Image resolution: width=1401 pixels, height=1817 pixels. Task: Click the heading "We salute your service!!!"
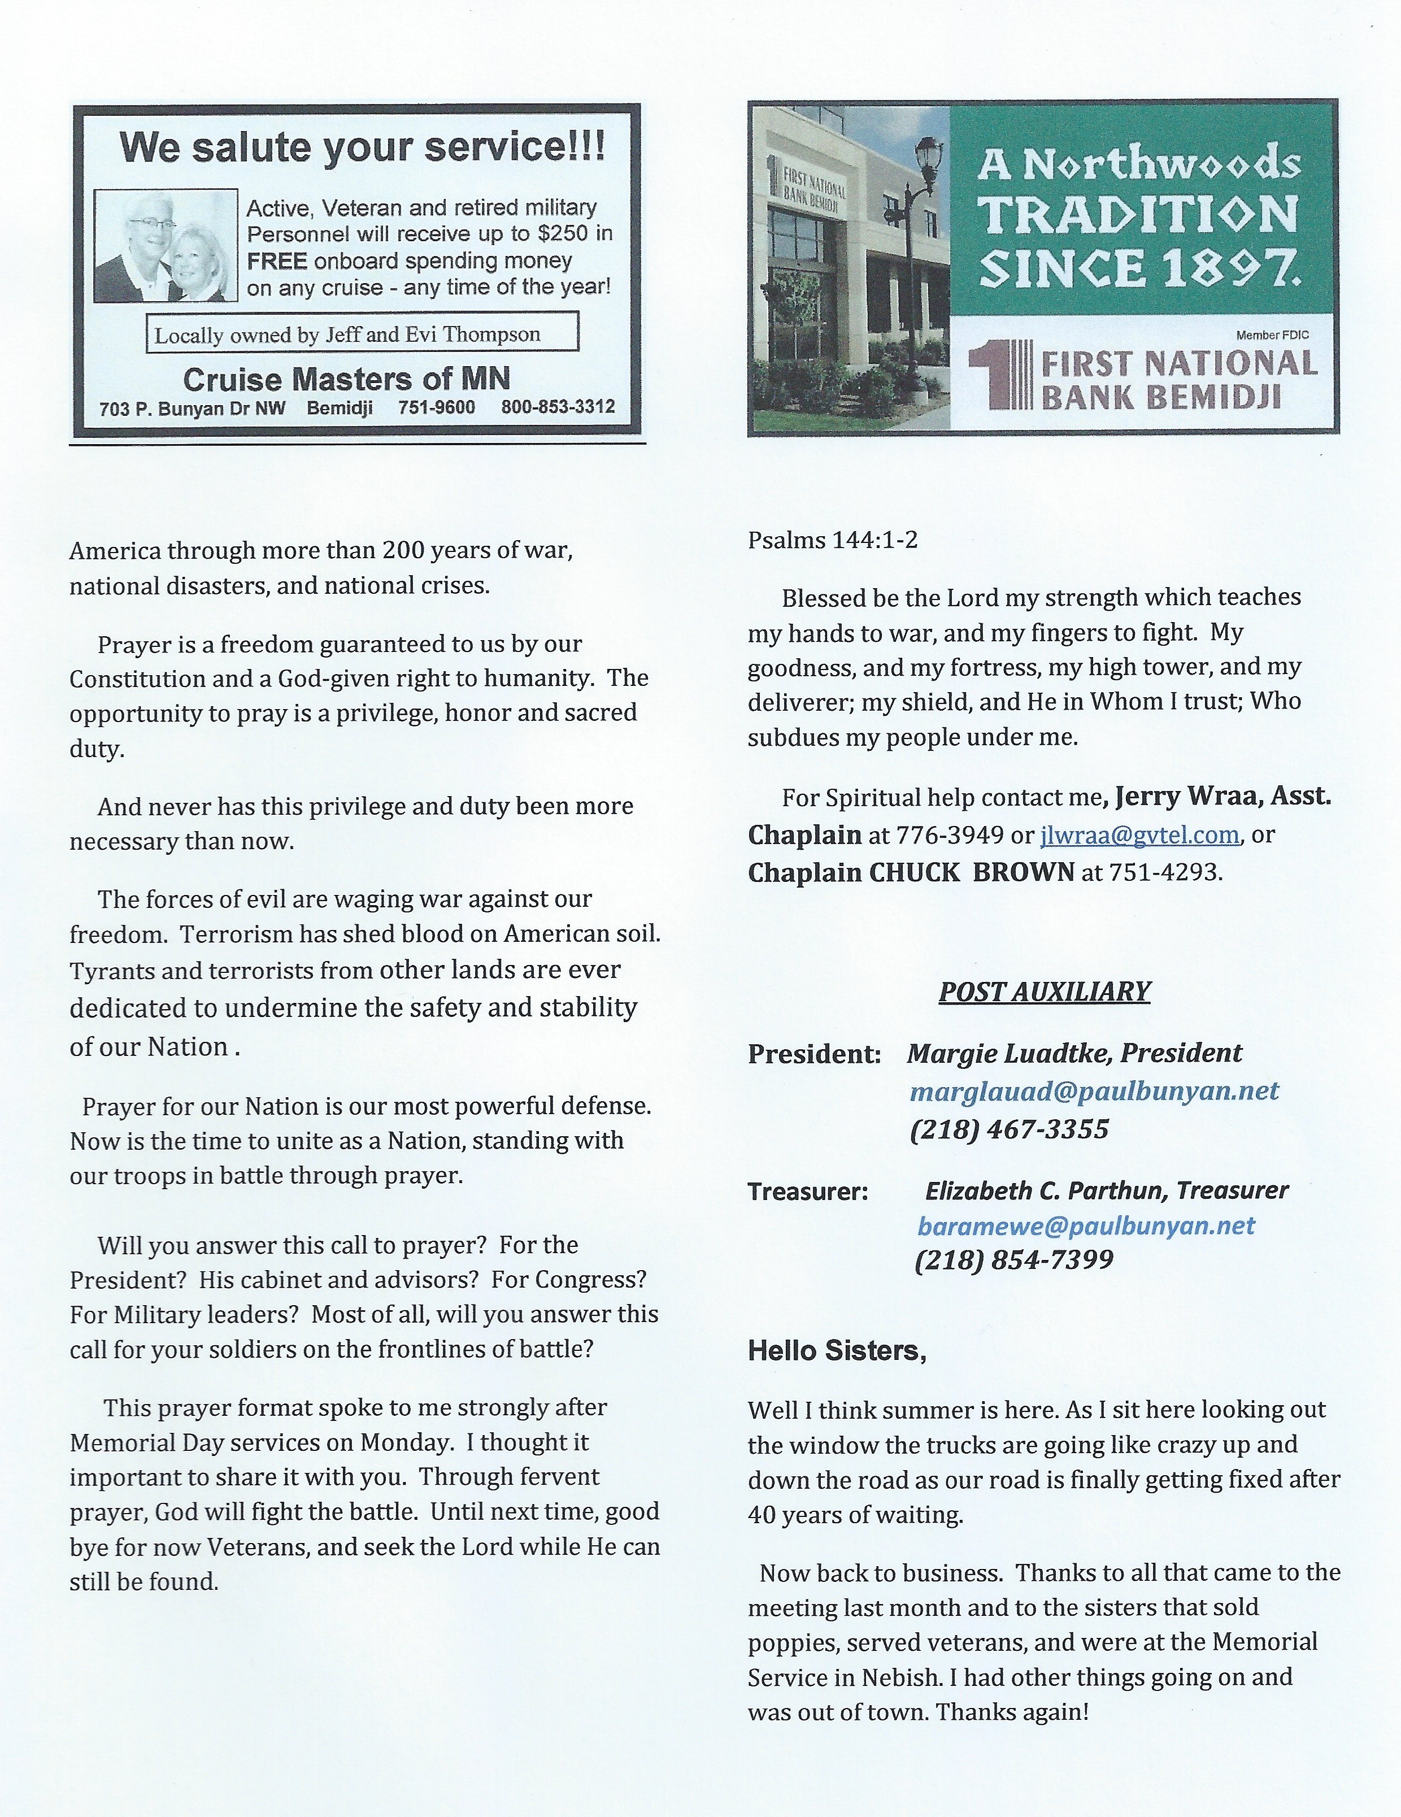(362, 148)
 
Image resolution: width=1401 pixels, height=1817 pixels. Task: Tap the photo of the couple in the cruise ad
(166, 246)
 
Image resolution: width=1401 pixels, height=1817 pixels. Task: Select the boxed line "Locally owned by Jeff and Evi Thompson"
(348, 334)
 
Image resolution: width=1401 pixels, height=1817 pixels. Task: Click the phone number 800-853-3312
(558, 407)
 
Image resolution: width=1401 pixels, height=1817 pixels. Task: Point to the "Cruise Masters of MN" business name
(346, 379)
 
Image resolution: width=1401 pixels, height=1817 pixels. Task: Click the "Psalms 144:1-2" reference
(832, 541)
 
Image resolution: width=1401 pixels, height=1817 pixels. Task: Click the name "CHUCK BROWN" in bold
(972, 872)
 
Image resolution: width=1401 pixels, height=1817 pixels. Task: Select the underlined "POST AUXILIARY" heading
(1044, 992)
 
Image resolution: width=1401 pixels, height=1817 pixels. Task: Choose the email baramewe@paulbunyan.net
(1086, 1225)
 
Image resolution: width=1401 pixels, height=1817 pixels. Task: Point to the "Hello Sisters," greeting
(837, 1351)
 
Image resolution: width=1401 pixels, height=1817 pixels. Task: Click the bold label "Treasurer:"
(808, 1192)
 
